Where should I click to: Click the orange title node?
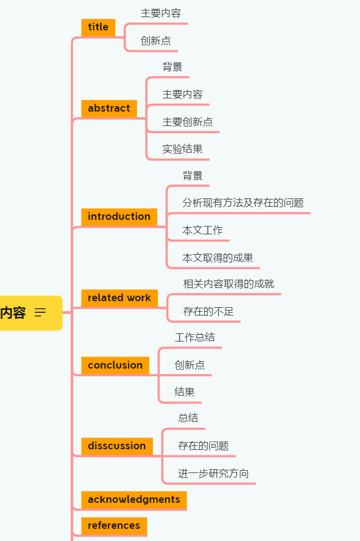click(x=98, y=27)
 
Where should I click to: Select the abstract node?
click(x=109, y=108)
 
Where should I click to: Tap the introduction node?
click(x=119, y=217)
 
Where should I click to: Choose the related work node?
click(x=119, y=298)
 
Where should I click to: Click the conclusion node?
click(x=115, y=365)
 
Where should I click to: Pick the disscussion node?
click(x=117, y=446)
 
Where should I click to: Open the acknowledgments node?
click(x=134, y=500)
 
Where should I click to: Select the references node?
click(x=114, y=526)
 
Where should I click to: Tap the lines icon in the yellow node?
click(x=40, y=313)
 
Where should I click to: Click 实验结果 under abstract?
click(x=182, y=149)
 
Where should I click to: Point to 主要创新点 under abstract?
click(x=187, y=122)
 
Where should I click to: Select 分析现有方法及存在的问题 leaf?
click(x=243, y=203)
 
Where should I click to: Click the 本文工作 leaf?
click(x=203, y=230)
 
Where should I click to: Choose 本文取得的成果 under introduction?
click(x=218, y=258)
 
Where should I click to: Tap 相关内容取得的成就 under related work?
click(x=229, y=284)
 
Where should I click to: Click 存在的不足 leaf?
click(x=208, y=312)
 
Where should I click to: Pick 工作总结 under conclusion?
click(x=194, y=337)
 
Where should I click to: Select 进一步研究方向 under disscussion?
click(x=213, y=474)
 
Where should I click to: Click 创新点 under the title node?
click(x=156, y=40)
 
